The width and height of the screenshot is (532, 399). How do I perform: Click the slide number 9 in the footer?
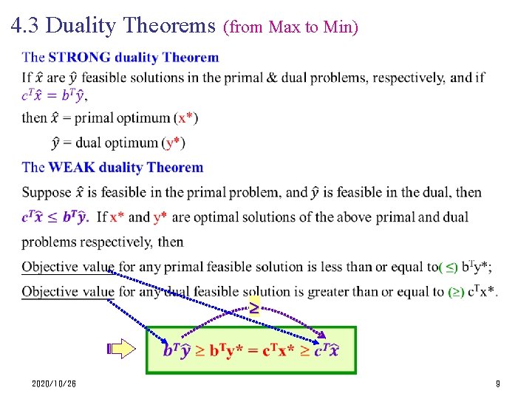click(498, 384)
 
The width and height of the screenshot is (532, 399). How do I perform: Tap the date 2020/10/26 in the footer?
click(54, 384)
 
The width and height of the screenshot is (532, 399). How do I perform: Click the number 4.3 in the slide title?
click(25, 27)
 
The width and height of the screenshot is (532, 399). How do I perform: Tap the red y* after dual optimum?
click(173, 143)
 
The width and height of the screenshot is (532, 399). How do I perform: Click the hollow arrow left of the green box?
click(120, 349)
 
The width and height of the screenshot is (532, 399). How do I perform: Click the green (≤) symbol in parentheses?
click(449, 267)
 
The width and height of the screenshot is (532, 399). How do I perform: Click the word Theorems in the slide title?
click(169, 27)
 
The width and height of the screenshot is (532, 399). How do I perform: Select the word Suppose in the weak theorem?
click(45, 193)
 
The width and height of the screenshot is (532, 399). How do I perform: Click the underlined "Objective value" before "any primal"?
click(68, 267)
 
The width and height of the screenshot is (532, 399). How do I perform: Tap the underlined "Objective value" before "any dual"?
click(68, 292)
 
